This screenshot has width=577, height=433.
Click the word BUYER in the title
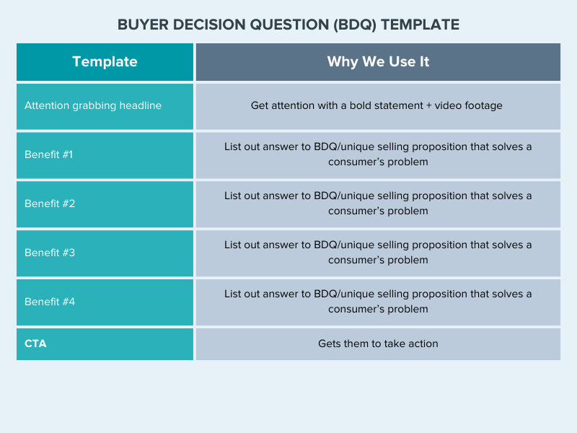[x=143, y=25]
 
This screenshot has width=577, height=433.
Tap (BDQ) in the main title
[x=355, y=25]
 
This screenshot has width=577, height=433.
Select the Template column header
[x=105, y=61]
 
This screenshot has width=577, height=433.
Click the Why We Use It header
[x=378, y=61]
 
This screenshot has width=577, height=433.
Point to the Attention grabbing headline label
[x=93, y=105]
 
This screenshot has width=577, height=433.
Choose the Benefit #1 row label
[x=48, y=154]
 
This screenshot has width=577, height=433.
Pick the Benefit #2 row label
[x=50, y=204]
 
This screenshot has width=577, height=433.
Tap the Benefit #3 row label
[x=50, y=252]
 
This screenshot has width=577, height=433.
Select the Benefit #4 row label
[x=50, y=302]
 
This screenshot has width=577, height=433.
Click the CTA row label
[x=35, y=344]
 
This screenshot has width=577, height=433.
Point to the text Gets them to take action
[x=378, y=344]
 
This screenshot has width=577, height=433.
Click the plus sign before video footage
[x=428, y=105]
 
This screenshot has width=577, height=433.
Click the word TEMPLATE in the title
[x=420, y=25]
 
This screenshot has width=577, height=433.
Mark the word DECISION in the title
[x=209, y=25]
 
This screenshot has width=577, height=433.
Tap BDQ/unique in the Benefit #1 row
[x=344, y=146]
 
